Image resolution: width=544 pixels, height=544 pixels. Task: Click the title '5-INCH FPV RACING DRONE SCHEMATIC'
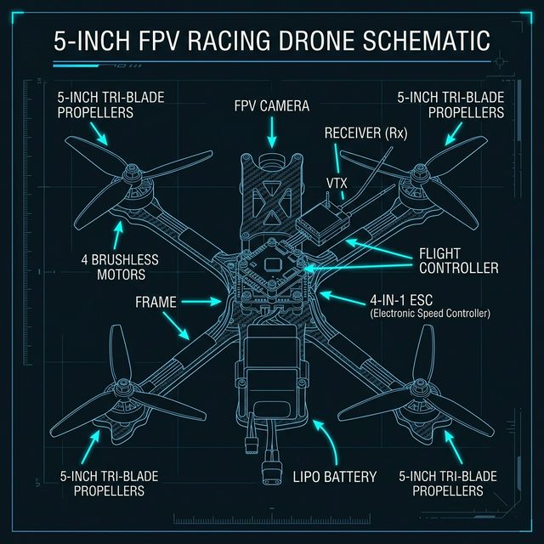coord(271,40)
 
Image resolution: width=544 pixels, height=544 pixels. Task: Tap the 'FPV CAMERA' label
coord(271,107)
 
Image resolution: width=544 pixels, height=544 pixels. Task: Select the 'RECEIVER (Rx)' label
coord(366,133)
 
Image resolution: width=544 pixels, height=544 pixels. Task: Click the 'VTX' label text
coord(337,183)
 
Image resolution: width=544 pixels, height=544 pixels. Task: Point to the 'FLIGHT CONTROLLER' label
coord(458,261)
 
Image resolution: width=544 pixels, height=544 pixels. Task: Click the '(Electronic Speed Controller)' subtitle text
coord(430,314)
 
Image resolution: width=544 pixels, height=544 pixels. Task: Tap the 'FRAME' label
coord(156,302)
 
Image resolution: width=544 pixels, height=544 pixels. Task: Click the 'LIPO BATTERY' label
coord(333,477)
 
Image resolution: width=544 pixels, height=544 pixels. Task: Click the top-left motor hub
coord(137,180)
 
